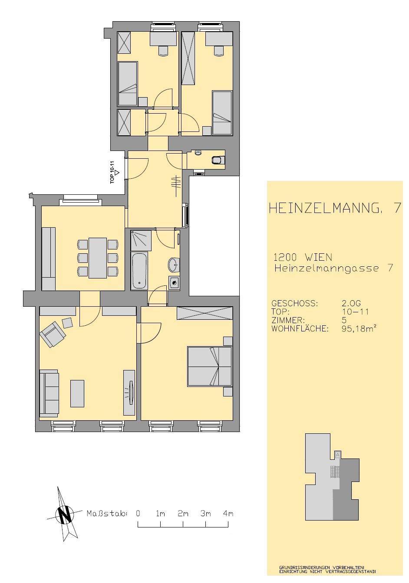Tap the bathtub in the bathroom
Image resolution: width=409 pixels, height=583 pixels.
click(x=139, y=270)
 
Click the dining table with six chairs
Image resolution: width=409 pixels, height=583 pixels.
click(x=98, y=258)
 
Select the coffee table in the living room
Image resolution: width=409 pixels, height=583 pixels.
click(x=77, y=393)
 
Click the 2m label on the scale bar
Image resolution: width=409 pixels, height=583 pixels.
click(x=183, y=514)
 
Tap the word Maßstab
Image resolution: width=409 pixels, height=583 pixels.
click(x=107, y=514)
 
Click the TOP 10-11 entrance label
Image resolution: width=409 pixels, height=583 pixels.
click(x=112, y=172)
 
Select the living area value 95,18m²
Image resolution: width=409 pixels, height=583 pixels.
click(x=360, y=328)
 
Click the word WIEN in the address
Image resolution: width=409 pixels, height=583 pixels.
click(x=318, y=257)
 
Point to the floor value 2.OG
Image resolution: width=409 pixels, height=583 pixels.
click(x=351, y=303)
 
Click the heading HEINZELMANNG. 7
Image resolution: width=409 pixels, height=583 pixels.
click(x=334, y=209)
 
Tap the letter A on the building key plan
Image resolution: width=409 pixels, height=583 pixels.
click(x=338, y=455)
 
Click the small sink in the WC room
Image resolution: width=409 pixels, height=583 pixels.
click(x=198, y=153)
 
